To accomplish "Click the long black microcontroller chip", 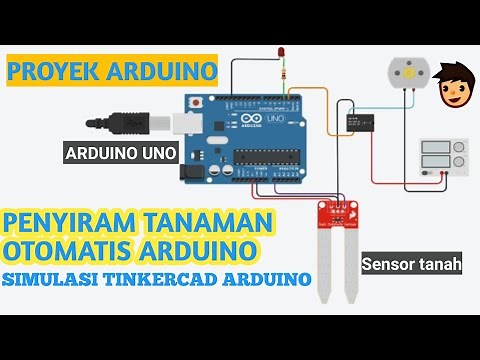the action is tap(260, 157).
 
